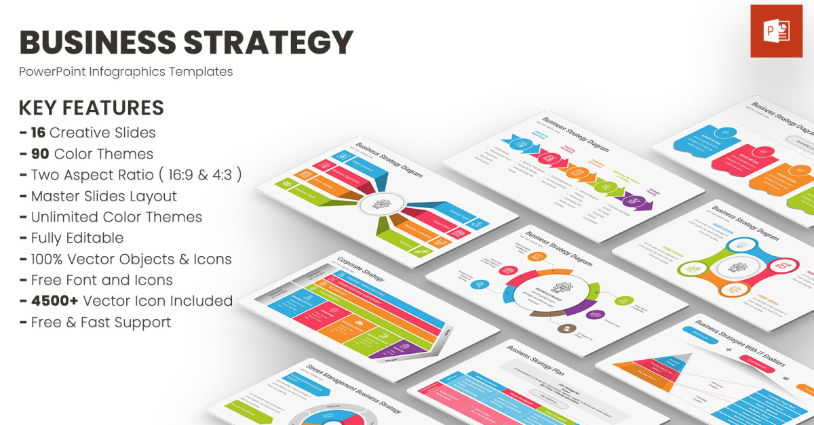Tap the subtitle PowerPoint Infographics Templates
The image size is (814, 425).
125,72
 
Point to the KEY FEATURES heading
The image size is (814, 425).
91,108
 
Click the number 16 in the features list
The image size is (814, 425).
38,132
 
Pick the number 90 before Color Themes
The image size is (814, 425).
40,154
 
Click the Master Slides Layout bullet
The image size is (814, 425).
104,196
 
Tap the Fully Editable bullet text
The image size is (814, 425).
77,238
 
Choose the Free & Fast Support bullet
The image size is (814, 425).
101,322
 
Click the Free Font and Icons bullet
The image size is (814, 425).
102,280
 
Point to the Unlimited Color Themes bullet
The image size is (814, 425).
116,217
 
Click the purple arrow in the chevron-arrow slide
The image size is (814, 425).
638,201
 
